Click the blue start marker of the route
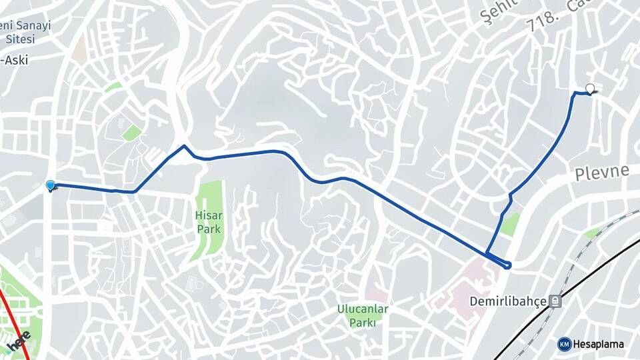pos(50,185)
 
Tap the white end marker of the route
pos(589,88)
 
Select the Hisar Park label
pos(208,222)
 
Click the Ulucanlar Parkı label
pos(363,315)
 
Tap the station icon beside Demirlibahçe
pos(555,301)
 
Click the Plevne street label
pos(601,173)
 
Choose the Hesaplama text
pos(599,344)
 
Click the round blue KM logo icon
pos(565,344)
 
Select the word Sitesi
pos(20,39)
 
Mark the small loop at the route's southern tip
pos(508,265)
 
